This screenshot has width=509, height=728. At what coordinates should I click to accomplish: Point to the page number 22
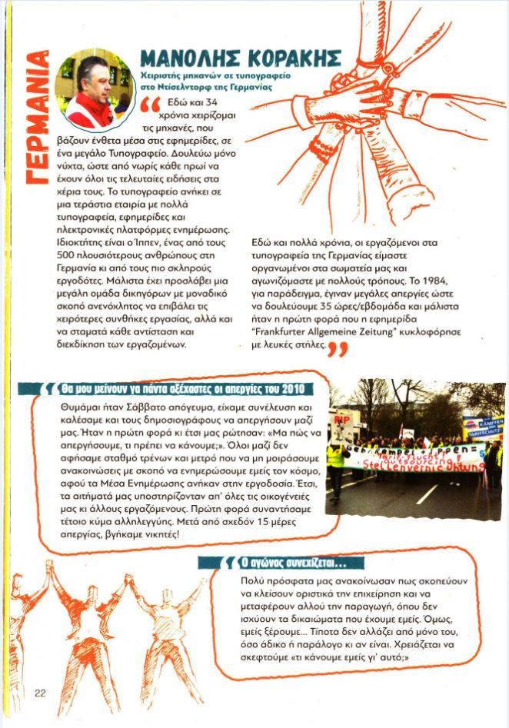click(40, 693)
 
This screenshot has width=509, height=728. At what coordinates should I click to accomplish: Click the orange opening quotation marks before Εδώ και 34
click(151, 105)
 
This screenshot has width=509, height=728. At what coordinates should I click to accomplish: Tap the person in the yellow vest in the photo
click(336, 464)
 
